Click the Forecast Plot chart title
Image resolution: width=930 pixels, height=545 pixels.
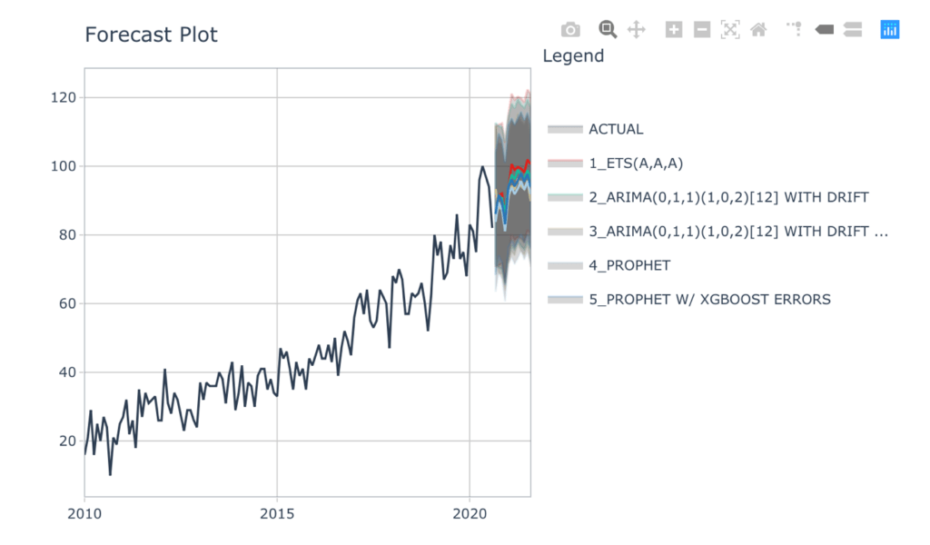(151, 35)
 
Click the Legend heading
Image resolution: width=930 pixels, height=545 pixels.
(573, 55)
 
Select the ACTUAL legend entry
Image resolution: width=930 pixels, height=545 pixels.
(616, 129)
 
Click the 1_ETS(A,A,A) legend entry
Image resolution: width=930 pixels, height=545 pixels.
(635, 163)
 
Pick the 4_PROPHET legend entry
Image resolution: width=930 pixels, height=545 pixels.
(628, 265)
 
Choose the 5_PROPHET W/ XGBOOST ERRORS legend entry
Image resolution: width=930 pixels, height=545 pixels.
(708, 299)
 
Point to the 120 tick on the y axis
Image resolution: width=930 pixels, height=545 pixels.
(64, 97)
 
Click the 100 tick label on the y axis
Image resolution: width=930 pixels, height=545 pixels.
(64, 166)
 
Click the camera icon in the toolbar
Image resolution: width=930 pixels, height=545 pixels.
(570, 30)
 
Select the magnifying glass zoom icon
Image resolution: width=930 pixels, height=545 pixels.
(608, 30)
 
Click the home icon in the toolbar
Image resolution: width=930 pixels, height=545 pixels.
(758, 30)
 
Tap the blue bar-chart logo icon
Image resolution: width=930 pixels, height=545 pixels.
(890, 30)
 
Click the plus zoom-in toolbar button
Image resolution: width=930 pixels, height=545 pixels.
(674, 30)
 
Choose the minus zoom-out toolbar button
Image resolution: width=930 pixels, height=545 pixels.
(702, 30)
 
